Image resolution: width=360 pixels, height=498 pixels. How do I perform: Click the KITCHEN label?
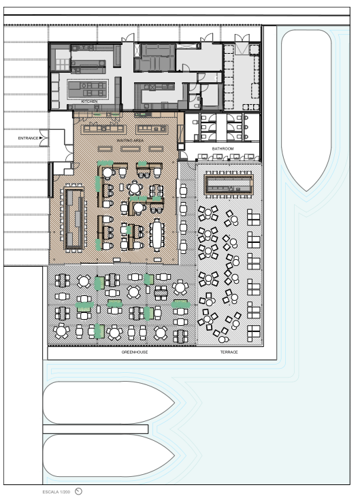point(89,101)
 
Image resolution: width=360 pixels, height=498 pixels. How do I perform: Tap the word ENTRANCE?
point(28,138)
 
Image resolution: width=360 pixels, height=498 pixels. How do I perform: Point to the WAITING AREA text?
point(130,140)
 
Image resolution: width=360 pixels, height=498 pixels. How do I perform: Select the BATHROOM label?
point(223,148)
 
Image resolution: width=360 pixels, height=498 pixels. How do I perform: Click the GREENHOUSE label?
point(134,352)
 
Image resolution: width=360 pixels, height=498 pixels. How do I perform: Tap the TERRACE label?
point(229,352)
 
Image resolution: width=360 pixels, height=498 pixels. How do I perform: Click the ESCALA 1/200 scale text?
point(56,492)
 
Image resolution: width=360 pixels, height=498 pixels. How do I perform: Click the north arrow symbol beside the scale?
point(78,492)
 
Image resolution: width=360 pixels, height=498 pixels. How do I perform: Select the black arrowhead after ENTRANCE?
point(41,138)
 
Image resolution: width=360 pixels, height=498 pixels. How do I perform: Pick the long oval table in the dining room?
point(157,235)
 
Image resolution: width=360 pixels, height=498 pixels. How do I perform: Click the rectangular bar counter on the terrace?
point(229,184)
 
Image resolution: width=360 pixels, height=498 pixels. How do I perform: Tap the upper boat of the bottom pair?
point(109,403)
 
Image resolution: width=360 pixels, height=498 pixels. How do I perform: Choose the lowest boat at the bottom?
point(109,456)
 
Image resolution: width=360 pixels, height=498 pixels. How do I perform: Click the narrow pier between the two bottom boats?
point(95,429)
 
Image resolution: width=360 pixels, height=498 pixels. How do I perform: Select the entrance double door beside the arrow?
point(44,138)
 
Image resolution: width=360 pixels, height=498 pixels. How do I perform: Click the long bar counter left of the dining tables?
point(74,218)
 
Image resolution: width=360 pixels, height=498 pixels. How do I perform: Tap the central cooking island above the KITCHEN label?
point(88,89)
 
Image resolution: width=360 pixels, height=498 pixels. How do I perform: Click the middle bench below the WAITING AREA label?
point(130,148)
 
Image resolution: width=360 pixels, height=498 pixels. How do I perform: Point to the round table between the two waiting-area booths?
point(135,188)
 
